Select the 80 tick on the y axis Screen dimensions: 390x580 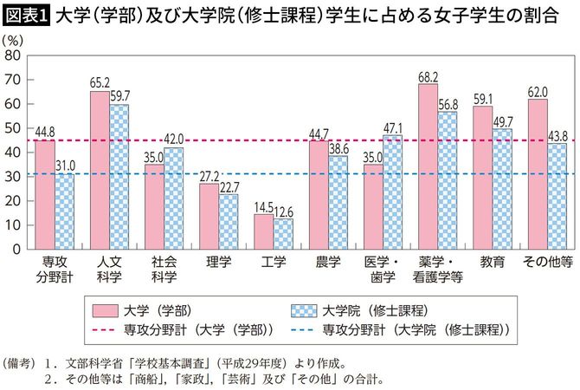15,55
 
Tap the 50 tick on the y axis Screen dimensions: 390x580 15,127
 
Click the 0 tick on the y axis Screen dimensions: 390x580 18,249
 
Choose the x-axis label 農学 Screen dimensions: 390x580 328,261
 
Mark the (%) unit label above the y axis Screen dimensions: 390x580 16,39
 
